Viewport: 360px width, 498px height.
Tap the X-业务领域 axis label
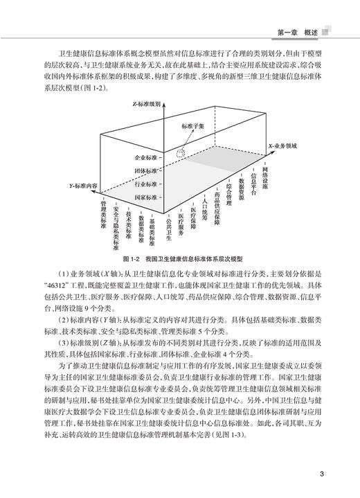coord(285,148)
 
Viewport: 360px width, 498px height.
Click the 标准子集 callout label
coord(191,126)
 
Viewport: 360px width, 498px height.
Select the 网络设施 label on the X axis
coord(268,167)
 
